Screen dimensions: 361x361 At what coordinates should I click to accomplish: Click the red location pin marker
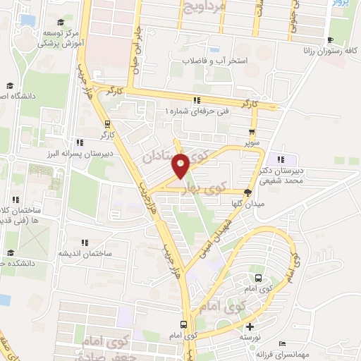[180, 166]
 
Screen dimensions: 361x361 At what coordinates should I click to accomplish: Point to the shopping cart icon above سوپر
[252, 131]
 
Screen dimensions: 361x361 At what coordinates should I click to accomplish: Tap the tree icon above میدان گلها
[248, 191]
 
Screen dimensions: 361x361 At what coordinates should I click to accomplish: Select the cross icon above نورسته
[250, 326]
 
